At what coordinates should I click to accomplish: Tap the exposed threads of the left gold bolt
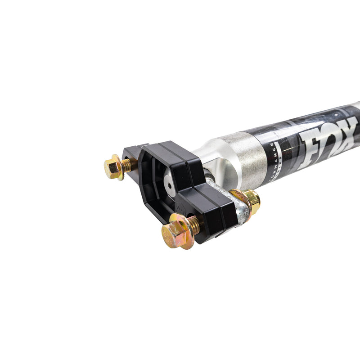pos(128,165)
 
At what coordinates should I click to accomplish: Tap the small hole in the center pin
pos(170,183)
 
